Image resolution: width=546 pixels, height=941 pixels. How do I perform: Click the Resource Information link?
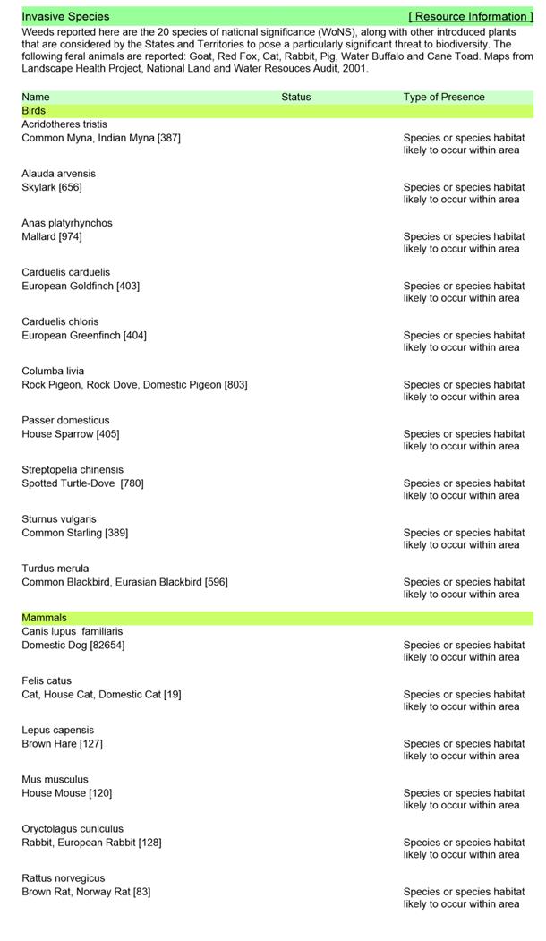pos(470,16)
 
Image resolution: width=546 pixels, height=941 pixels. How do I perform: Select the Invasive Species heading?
pos(65,16)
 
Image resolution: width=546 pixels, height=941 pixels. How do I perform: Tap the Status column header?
pos(295,97)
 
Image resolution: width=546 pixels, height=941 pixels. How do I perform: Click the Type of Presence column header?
pos(444,97)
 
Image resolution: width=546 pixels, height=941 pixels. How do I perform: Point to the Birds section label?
pos(34,111)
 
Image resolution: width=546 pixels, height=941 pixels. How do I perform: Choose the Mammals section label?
pos(44,618)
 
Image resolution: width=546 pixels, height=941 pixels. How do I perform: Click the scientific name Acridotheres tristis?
pos(64,124)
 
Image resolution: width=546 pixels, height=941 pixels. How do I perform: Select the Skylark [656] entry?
pos(52,187)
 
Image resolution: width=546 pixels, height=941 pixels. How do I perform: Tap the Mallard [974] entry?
pos(52,236)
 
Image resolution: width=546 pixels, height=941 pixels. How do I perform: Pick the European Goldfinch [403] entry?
pos(81,286)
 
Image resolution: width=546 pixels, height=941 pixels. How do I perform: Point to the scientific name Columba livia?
pos(53,371)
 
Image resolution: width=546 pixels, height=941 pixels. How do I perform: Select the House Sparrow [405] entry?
pos(71,434)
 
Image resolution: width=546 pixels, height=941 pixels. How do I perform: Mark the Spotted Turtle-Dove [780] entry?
pos(82,483)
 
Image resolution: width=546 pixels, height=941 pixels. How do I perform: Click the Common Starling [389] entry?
pos(75,533)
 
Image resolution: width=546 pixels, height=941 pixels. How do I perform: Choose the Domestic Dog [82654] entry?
pos(73,645)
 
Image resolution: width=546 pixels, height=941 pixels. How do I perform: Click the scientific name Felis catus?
pos(47,680)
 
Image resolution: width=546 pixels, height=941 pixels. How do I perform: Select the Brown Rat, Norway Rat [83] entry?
pos(86,892)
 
